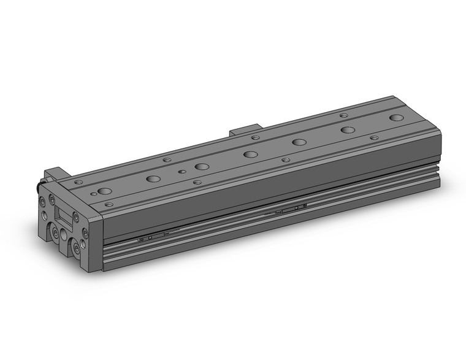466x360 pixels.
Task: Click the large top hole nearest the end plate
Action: [x=104, y=191]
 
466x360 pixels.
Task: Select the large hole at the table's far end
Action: [x=397, y=117]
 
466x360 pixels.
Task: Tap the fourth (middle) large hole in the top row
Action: [x=250, y=154]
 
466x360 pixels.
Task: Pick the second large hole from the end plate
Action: [x=153, y=179]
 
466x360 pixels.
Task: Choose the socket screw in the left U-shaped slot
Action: [x=55, y=232]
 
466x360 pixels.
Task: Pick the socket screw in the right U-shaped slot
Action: [x=76, y=245]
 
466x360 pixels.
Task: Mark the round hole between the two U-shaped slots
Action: [x=65, y=236]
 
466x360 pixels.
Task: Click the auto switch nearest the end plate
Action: [x=153, y=236]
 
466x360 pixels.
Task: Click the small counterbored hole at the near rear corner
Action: [x=78, y=182]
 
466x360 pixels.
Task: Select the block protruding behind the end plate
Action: [x=54, y=174]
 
